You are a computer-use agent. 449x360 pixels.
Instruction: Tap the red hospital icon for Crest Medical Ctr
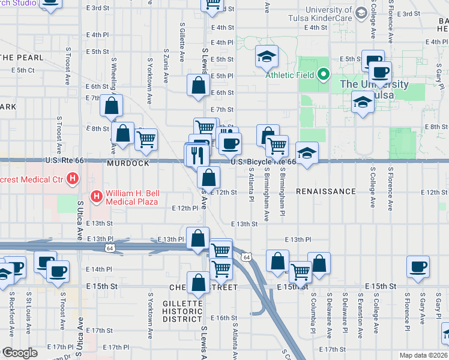pyautogui.click(x=73, y=178)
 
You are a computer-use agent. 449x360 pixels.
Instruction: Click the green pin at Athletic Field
pyautogui.click(x=324, y=74)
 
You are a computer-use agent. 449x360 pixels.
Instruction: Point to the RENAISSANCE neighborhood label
pyautogui.click(x=326, y=191)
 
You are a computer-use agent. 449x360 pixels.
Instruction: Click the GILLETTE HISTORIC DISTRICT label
pyautogui.click(x=182, y=311)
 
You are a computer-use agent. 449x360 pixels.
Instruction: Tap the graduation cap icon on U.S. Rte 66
pyautogui.click(x=307, y=153)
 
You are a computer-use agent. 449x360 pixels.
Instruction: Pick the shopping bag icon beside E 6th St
pyautogui.click(x=198, y=86)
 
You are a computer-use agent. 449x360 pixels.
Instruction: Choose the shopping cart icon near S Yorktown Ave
pyautogui.click(x=146, y=139)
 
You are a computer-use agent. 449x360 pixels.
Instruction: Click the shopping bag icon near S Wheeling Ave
pyautogui.click(x=112, y=106)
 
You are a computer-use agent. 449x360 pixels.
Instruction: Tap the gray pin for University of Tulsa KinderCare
pyautogui.click(x=361, y=12)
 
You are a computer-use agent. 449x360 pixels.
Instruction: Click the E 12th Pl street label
pyautogui.click(x=184, y=208)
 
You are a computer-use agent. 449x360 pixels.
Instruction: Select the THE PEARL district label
pyautogui.click(x=22, y=58)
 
